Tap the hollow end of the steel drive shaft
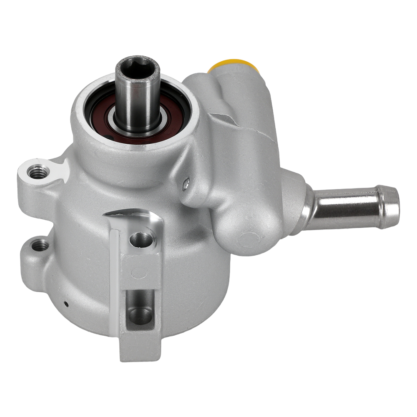point(137,65)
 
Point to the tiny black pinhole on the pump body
point(66,304)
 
